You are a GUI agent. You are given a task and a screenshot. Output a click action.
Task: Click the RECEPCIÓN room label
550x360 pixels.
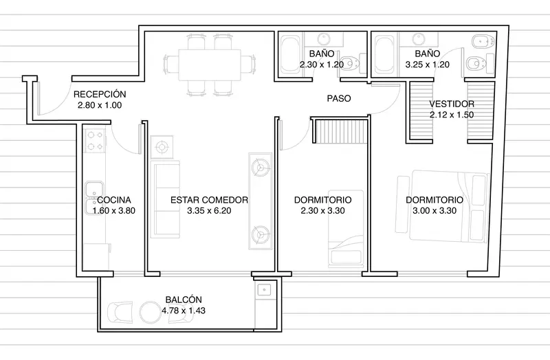(x=100, y=94)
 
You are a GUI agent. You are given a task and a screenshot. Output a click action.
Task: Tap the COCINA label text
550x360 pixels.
(x=114, y=200)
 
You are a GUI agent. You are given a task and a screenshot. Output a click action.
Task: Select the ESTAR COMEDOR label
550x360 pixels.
(x=209, y=200)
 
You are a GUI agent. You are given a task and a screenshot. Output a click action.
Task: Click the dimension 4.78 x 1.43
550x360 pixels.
(x=184, y=311)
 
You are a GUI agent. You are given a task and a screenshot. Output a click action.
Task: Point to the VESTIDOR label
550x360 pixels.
(x=452, y=104)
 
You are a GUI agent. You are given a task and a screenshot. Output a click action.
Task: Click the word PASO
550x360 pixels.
(x=339, y=98)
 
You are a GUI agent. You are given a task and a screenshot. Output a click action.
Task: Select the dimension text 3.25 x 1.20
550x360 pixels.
(x=427, y=65)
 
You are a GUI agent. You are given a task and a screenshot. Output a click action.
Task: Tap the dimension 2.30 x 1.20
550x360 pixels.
(x=322, y=65)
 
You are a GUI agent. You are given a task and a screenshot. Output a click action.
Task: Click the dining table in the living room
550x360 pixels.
(x=210, y=65)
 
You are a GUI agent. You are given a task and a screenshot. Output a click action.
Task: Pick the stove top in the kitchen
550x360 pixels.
(x=95, y=141)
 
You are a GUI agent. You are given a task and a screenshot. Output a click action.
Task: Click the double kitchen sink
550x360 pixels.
(x=95, y=198)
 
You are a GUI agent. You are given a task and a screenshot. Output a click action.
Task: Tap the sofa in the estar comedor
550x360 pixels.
(x=165, y=199)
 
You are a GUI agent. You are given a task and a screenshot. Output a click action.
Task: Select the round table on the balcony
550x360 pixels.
(x=151, y=313)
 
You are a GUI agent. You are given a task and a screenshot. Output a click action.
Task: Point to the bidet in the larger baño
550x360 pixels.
(x=484, y=42)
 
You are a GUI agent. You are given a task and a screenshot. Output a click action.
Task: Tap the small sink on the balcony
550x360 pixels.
(x=263, y=289)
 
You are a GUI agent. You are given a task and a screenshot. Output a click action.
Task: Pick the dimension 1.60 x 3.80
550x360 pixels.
(x=114, y=211)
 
